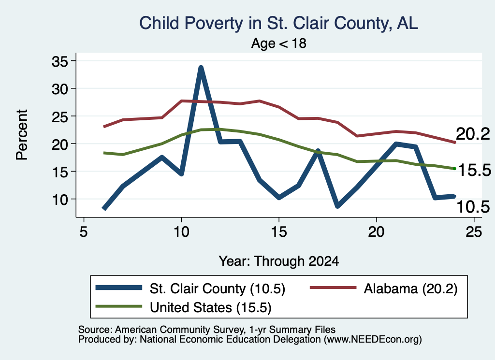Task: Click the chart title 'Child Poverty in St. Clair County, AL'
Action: pyautogui.click(x=279, y=23)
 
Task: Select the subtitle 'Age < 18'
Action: pyautogui.click(x=279, y=43)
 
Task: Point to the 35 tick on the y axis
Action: pyautogui.click(x=59, y=61)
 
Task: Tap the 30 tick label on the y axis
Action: pyautogui.click(x=59, y=89)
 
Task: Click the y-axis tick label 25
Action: pyautogui.click(x=59, y=117)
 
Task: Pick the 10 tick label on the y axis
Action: pyautogui.click(x=59, y=200)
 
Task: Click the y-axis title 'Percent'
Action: pyautogui.click(x=22, y=135)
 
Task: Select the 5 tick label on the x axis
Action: pyautogui.click(x=83, y=232)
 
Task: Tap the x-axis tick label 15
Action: pyautogui.click(x=279, y=232)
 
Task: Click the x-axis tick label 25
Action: pyautogui.click(x=474, y=232)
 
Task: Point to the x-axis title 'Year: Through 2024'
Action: pyautogui.click(x=279, y=261)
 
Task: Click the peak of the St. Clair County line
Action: pyautogui.click(x=201, y=67)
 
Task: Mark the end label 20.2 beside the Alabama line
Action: pyautogui.click(x=473, y=134)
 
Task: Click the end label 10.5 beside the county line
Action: pyautogui.click(x=473, y=207)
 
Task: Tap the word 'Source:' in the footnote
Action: pyautogui.click(x=95, y=330)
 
